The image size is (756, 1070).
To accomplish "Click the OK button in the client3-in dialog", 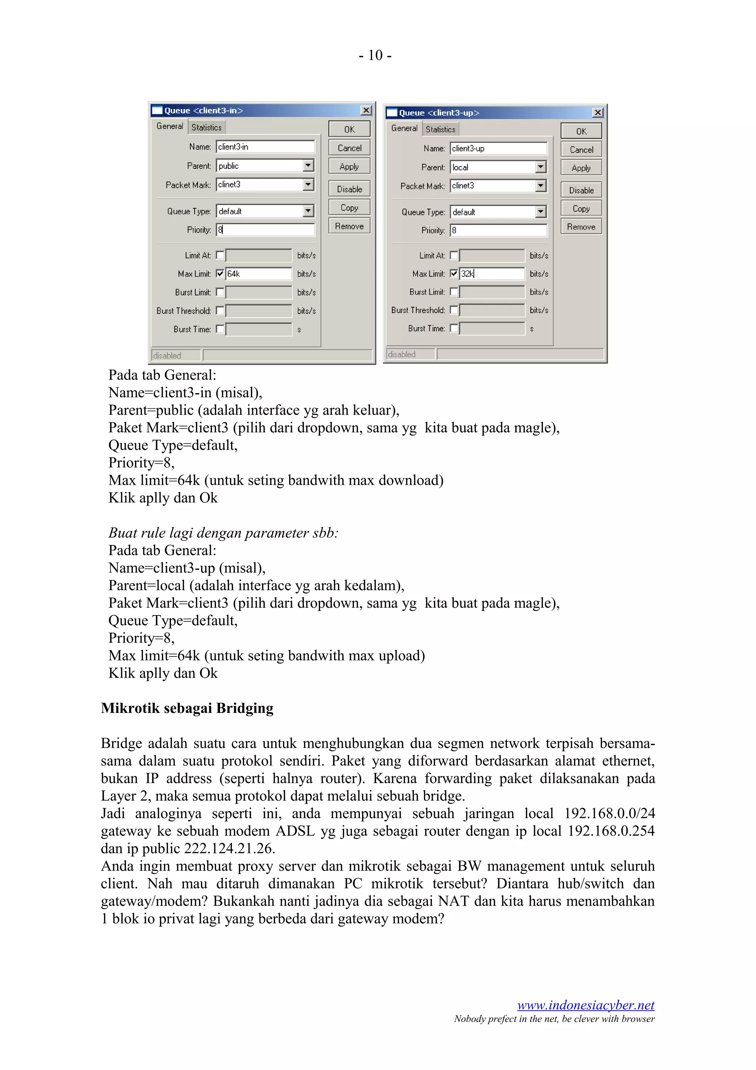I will pyautogui.click(x=349, y=129).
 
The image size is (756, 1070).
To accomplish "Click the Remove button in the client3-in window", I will pyautogui.click(x=349, y=226).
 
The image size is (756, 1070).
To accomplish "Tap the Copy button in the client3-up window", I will pyautogui.click(x=581, y=208).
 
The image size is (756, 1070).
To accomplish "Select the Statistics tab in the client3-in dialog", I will pyautogui.click(x=206, y=127).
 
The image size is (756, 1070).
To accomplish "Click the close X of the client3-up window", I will pyautogui.click(x=598, y=113).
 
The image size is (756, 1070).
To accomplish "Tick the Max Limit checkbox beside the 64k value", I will pyautogui.click(x=220, y=274).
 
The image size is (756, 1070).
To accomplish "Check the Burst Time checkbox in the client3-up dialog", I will pyautogui.click(x=454, y=328).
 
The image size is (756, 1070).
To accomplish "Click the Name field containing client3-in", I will pyautogui.click(x=265, y=147).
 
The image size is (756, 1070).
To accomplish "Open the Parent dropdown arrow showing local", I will pyautogui.click(x=540, y=167).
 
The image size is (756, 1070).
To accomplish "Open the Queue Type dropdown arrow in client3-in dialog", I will pyautogui.click(x=308, y=211).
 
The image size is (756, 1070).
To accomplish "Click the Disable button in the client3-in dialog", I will pyautogui.click(x=349, y=189).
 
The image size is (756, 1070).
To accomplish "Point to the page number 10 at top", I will pyautogui.click(x=375, y=55).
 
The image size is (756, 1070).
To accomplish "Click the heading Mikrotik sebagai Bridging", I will pyautogui.click(x=187, y=708).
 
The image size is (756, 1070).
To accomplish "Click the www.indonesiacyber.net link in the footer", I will pyautogui.click(x=585, y=1005).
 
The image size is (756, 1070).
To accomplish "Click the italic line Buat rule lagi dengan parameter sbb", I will pyautogui.click(x=223, y=533).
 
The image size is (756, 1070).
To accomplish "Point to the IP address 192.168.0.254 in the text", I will pyautogui.click(x=611, y=830).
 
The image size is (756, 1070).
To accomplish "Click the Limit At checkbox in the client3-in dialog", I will pyautogui.click(x=220, y=255).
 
